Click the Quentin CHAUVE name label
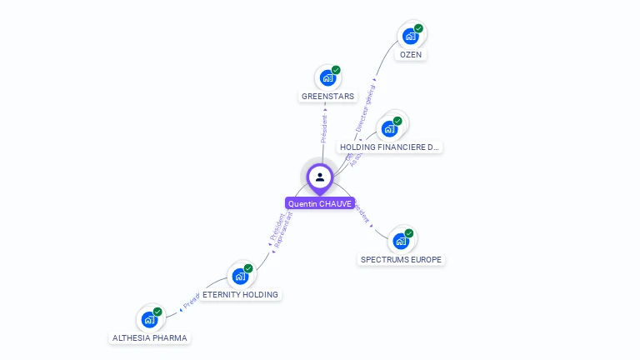320,203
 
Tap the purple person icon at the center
320,177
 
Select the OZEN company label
411,54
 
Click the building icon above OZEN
410,36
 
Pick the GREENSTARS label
327,96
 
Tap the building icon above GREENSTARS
327,77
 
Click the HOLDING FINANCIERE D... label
390,147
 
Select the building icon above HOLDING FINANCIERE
389,129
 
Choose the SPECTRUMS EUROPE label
402,259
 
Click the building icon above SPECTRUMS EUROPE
401,241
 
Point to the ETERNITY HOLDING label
240,294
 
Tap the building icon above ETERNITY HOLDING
240,276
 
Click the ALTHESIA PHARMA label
150,337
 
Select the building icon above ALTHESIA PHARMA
149,319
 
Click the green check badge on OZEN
418,28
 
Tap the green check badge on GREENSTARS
336,70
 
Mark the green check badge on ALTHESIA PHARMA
157,312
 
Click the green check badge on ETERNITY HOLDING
248,268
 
